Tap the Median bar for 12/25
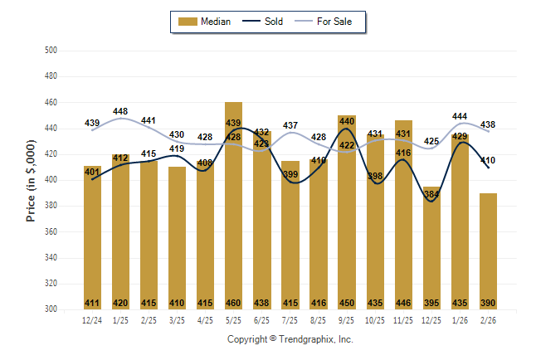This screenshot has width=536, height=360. (431, 249)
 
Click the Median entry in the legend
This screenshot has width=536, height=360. (207, 22)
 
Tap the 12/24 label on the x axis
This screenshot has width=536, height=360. (92, 319)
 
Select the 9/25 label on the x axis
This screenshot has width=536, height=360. (347, 319)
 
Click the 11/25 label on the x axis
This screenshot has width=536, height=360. (403, 319)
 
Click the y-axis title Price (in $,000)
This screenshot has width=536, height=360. (32, 180)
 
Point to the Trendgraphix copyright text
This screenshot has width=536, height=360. (290, 339)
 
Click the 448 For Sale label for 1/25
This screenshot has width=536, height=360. (120, 111)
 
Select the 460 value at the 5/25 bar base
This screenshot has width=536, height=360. (233, 303)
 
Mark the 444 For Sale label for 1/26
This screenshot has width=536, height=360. (460, 116)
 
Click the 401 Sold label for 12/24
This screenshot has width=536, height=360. (92, 172)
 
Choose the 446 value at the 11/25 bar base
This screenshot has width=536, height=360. (403, 303)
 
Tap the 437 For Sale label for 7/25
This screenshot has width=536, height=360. (290, 125)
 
